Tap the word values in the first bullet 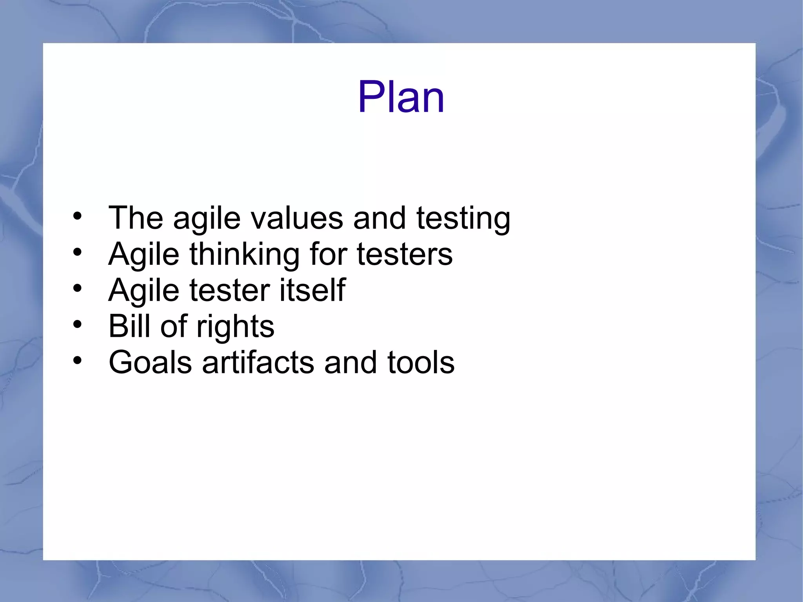(297, 218)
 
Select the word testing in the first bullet (463, 219)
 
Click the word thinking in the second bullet (244, 255)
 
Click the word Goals (150, 362)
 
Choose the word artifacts (258, 362)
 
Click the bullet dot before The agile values (77, 216)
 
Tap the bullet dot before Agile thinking (77, 253)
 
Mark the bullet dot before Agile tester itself (77, 289)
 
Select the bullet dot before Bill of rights (77, 325)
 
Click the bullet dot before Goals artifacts (77, 361)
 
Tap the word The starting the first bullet (136, 218)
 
